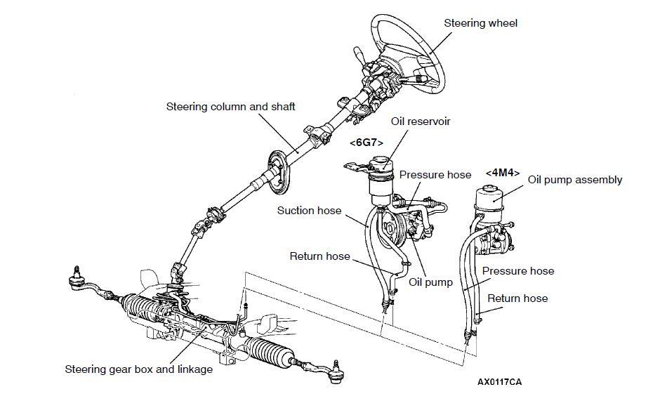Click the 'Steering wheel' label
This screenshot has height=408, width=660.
point(480,23)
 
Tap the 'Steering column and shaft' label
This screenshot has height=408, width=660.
point(230,107)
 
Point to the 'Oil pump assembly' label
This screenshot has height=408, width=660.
point(574,180)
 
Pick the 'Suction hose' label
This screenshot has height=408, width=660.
point(309,210)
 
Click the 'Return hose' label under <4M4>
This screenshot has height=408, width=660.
point(517,298)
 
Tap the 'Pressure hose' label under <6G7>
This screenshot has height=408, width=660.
point(435,174)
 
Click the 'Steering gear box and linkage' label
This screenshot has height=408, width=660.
point(138,369)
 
